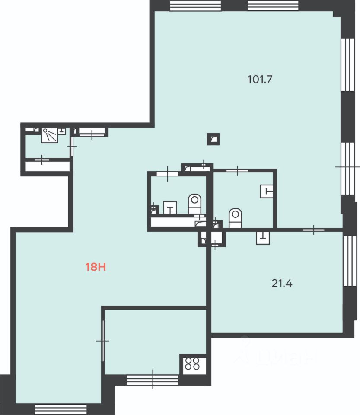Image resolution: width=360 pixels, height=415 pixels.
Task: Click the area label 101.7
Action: [x=260, y=79]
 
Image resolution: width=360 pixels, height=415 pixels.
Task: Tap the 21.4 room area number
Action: [x=282, y=284]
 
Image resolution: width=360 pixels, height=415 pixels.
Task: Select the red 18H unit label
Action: [x=96, y=267]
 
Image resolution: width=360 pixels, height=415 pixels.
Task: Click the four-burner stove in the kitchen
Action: [x=192, y=364]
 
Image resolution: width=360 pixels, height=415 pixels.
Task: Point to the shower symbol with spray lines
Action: [x=49, y=135]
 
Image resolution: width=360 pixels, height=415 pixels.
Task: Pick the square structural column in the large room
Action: [x=213, y=139]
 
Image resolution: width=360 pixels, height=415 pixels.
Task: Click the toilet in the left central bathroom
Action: [x=194, y=204]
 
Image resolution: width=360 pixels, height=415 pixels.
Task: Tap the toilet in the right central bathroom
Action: [x=235, y=218]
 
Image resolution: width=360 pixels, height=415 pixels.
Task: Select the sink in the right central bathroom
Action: [x=267, y=191]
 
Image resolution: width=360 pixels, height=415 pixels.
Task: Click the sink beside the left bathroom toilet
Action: [x=170, y=207]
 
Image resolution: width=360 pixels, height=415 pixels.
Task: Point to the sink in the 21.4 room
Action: [x=263, y=238]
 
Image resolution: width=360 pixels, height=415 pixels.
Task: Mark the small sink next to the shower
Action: [x=62, y=131]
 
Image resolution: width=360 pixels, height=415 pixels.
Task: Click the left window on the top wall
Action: [x=195, y=6]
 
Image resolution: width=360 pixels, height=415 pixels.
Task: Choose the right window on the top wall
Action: [x=273, y=6]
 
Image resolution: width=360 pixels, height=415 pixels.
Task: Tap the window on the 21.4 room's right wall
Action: [x=350, y=261]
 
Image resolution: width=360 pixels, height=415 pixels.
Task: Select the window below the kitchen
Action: [x=153, y=380]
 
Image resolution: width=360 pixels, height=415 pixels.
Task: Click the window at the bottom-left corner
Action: [x=61, y=409]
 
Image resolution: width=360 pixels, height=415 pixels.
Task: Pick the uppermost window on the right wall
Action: [x=347, y=65]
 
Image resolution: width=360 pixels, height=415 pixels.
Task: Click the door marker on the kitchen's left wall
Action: [x=103, y=341]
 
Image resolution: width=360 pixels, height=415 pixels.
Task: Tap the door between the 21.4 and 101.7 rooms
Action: [x=313, y=230]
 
